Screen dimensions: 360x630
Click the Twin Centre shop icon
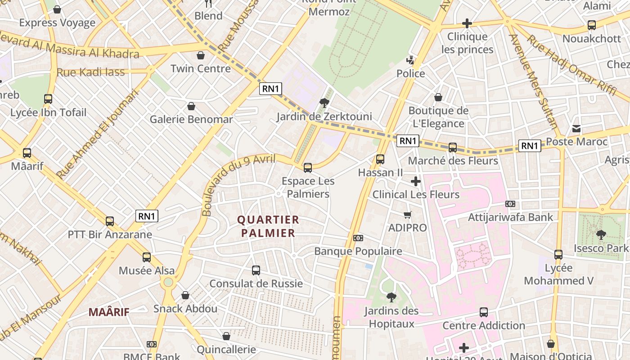pyautogui.click(x=201, y=55)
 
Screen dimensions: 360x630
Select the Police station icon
pyautogui.click(x=410, y=60)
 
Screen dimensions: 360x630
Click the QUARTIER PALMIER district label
pyautogui.click(x=268, y=226)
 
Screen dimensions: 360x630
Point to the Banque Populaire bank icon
pyautogui.click(x=358, y=238)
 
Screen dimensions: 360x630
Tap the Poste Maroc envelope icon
pyautogui.click(x=576, y=129)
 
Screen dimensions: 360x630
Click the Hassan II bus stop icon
pyautogui.click(x=380, y=159)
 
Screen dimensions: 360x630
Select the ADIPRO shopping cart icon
pyautogui.click(x=407, y=214)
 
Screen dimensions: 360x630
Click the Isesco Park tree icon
pyautogui.click(x=601, y=234)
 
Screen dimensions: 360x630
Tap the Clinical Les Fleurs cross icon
pyautogui.click(x=416, y=181)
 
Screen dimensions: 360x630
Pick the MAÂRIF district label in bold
pyautogui.click(x=109, y=312)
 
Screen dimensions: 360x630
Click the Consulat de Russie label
pyautogui.click(x=256, y=283)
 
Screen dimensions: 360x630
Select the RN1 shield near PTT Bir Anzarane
pyautogui.click(x=147, y=216)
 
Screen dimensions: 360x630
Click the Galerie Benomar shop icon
pyautogui.click(x=191, y=106)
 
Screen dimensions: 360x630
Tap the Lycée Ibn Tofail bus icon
pyautogui.click(x=48, y=99)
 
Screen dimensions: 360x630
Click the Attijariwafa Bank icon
pyautogui.click(x=510, y=204)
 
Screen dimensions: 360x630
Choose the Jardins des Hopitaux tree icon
pyautogui.click(x=391, y=297)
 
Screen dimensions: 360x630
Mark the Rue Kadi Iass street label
pyautogui.click(x=90, y=72)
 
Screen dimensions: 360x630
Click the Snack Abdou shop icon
pyautogui.click(x=185, y=295)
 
